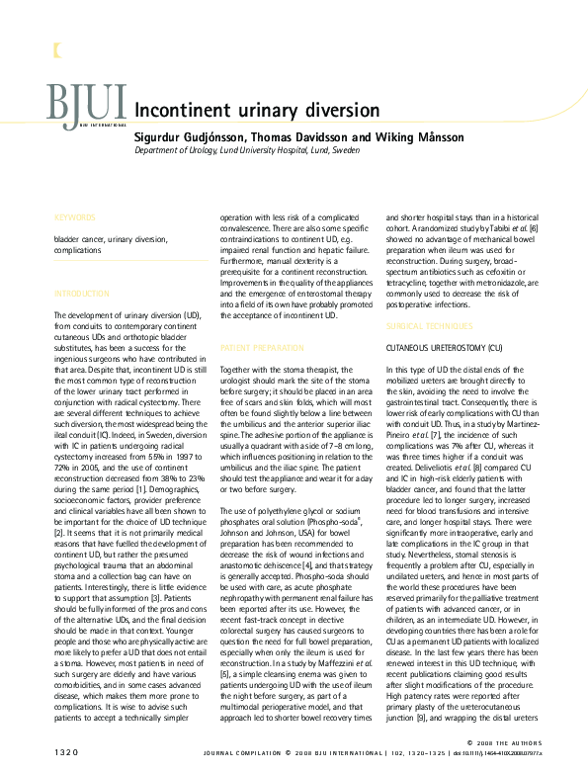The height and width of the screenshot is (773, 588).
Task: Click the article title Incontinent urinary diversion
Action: coord(256,110)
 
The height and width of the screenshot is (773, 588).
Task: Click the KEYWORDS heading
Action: coord(75,215)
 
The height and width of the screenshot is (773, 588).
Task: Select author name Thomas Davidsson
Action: coord(297,137)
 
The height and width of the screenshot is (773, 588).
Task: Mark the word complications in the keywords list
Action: coord(78,251)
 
